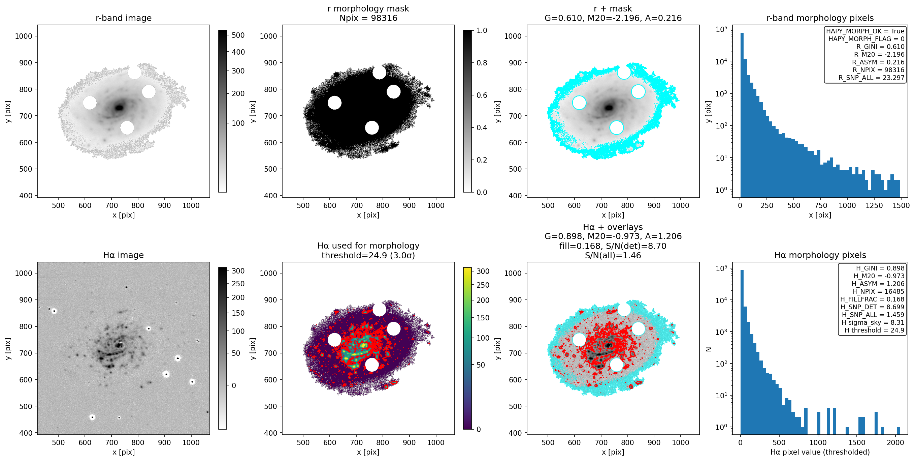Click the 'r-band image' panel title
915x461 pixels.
tap(124, 18)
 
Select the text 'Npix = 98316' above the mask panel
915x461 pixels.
tap(368, 18)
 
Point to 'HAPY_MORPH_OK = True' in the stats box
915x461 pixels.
tap(865, 31)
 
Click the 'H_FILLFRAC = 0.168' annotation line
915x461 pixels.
tap(872, 299)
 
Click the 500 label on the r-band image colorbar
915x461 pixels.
tap(238, 35)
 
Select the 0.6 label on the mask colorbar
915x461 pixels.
tap(482, 95)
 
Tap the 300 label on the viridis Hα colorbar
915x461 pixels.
tap(483, 271)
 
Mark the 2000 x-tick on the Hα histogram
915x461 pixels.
tap(895, 442)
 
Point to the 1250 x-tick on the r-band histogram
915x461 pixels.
tap(874, 205)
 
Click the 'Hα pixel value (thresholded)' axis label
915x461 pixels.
tap(820, 452)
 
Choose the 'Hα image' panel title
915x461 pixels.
tap(123, 255)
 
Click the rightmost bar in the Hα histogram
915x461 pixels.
tap(898, 430)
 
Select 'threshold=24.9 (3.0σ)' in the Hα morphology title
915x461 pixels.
tap(368, 255)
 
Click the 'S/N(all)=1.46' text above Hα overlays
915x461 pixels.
tap(613, 255)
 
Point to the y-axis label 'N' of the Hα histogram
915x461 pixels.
tap(708, 349)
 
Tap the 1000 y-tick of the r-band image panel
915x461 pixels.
tap(24, 36)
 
